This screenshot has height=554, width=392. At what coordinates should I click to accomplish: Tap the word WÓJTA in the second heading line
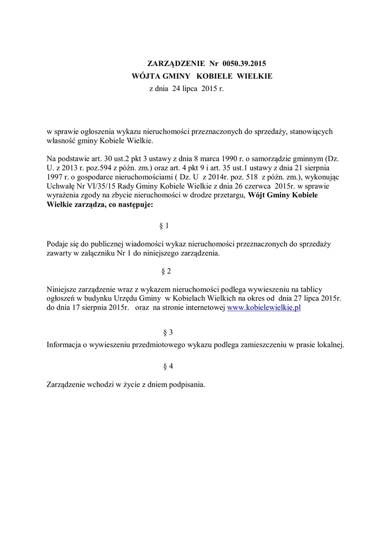pyautogui.click(x=146, y=76)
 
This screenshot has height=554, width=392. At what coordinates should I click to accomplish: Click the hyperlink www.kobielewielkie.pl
pyautogui.click(x=263, y=307)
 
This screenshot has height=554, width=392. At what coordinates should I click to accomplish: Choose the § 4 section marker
pyautogui.click(x=168, y=366)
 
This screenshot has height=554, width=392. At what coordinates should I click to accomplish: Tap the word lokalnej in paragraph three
pyautogui.click(x=330, y=344)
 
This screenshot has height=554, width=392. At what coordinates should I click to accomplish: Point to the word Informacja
pyautogui.click(x=65, y=344)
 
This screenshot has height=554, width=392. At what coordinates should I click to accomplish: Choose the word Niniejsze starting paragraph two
pyautogui.click(x=63, y=289)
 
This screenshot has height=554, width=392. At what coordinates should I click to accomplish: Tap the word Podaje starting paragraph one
pyautogui.click(x=57, y=244)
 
